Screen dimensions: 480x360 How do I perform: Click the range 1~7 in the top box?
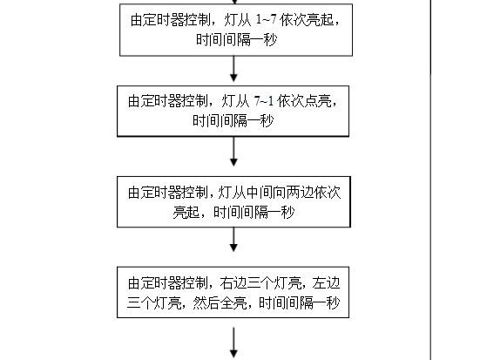[x=266, y=19]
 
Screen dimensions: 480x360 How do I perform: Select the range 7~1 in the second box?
[x=264, y=101]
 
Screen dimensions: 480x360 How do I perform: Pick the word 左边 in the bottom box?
[x=326, y=283]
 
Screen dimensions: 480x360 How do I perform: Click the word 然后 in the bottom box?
[x=206, y=303]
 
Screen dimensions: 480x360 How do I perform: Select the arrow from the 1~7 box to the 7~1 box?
[x=233, y=69]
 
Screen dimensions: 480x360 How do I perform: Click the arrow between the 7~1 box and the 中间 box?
[x=233, y=152]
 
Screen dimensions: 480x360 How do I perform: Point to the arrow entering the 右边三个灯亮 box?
[x=233, y=240]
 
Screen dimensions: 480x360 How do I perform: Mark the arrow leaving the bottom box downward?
[x=233, y=343]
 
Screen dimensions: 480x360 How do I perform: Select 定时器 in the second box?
[x=162, y=101]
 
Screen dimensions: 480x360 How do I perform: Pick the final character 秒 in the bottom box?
[x=333, y=303]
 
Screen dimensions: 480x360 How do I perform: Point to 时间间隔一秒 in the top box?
[x=237, y=39]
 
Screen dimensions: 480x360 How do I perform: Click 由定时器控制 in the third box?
[x=168, y=193]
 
